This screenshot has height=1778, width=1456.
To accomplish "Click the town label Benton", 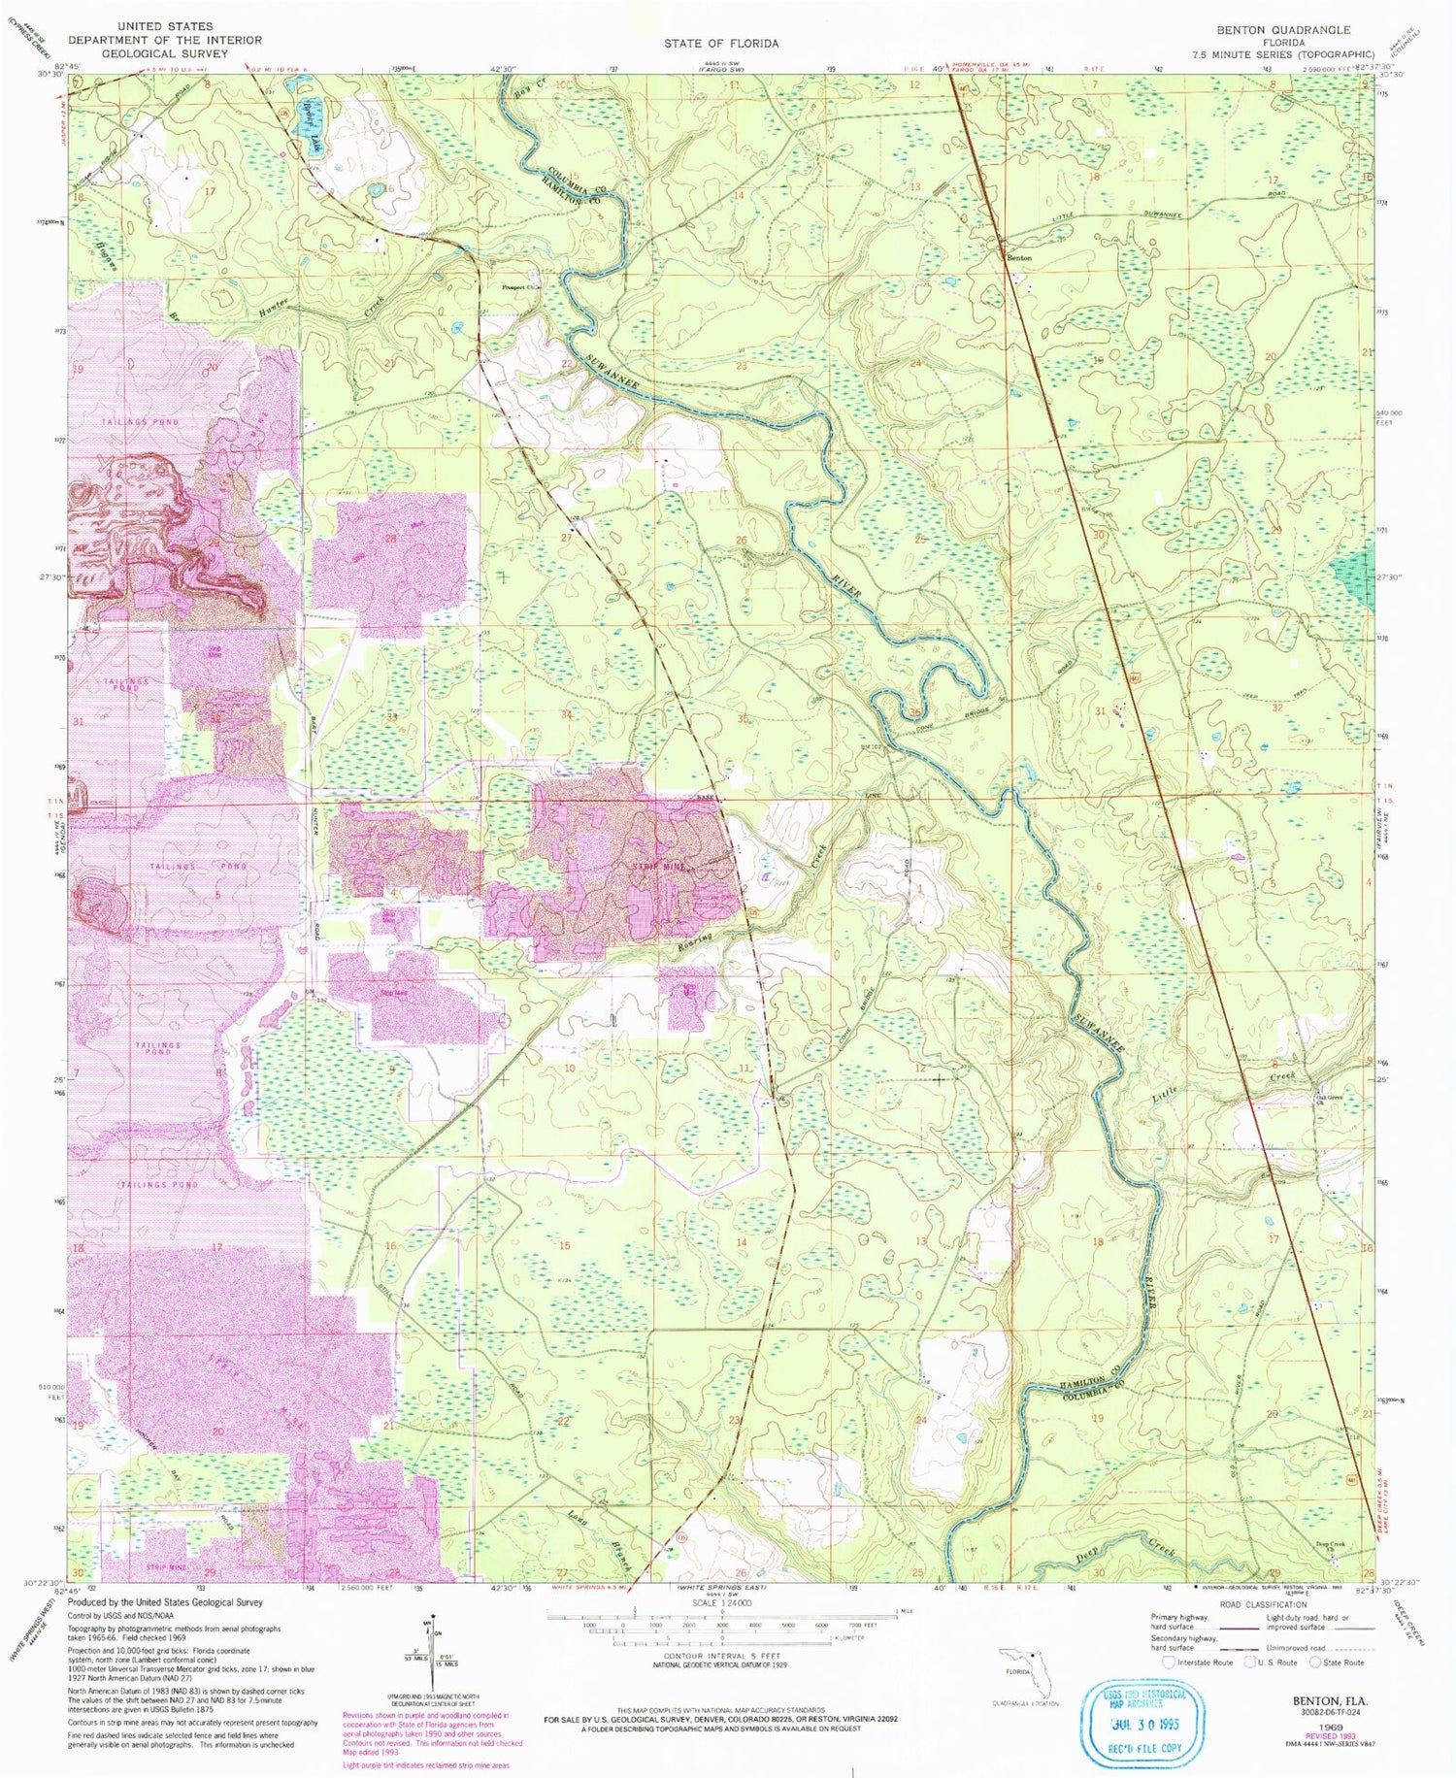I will click(1018, 258).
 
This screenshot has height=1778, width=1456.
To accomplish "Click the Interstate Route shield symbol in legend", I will click(1168, 1662).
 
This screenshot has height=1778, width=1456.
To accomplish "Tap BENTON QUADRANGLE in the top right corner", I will click(1283, 30).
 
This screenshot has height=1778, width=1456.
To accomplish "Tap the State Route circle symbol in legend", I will click(1316, 1662).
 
